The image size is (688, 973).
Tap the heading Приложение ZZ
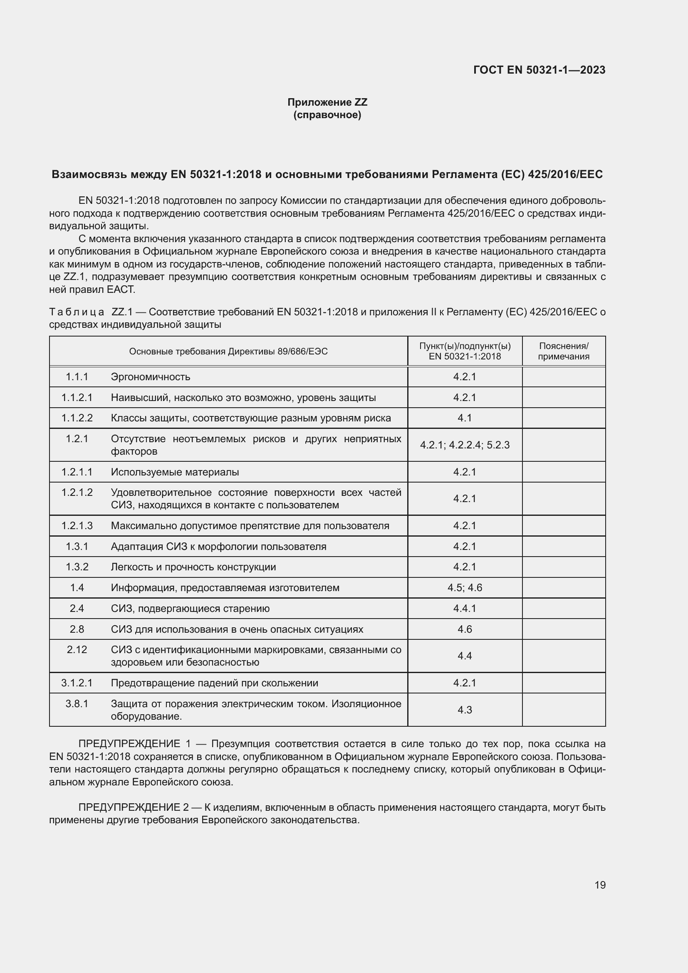pyautogui.click(x=327, y=102)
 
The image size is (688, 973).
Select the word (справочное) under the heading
pyautogui.click(x=327, y=115)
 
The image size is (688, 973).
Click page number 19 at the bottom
pyautogui.click(x=600, y=885)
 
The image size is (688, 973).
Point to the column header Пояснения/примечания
pyautogui.click(x=564, y=351)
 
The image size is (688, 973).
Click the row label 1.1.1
pyautogui.click(x=77, y=377)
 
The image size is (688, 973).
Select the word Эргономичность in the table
pyautogui.click(x=151, y=377)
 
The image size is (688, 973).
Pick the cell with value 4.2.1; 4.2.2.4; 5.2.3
pyautogui.click(x=465, y=445)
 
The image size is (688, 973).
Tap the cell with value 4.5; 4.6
pyautogui.click(x=465, y=588)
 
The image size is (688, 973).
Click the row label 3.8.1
pyautogui.click(x=77, y=704)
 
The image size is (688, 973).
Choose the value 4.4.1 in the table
pyautogui.click(x=465, y=609)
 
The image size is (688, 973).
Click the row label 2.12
pyautogui.click(x=77, y=650)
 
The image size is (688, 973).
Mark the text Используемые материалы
pyautogui.click(x=175, y=472)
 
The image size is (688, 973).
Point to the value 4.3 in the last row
pyautogui.click(x=465, y=710)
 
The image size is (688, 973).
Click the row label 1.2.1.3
pyautogui.click(x=77, y=526)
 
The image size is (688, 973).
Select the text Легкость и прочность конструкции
pyautogui.click(x=193, y=567)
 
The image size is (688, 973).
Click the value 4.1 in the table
pyautogui.click(x=465, y=418)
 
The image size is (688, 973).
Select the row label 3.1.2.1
pyautogui.click(x=77, y=683)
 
